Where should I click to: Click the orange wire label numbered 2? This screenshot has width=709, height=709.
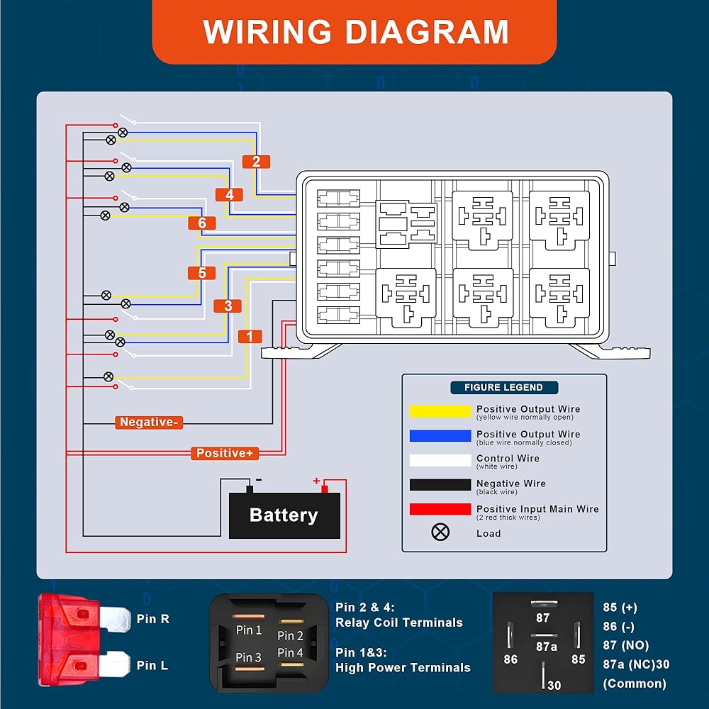pyautogui.click(x=256, y=162)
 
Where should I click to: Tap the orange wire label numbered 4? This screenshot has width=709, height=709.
pyautogui.click(x=229, y=194)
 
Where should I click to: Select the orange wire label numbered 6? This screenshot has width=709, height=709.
pyautogui.click(x=202, y=223)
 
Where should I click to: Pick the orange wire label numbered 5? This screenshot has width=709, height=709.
pyautogui.click(x=202, y=273)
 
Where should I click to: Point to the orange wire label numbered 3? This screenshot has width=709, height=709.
pyautogui.click(x=228, y=306)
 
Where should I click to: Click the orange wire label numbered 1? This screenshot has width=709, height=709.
pyautogui.click(x=249, y=337)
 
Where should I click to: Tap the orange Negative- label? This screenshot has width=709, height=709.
pyautogui.click(x=149, y=423)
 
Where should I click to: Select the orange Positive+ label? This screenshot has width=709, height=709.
pyautogui.click(x=225, y=453)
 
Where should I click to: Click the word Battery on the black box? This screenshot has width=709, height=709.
pyautogui.click(x=284, y=515)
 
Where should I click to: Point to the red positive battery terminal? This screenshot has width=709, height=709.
pyautogui.click(x=324, y=488)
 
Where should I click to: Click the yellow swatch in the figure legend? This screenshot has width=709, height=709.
pyautogui.click(x=440, y=411)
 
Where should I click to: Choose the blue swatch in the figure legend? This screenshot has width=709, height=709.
pyautogui.click(x=440, y=436)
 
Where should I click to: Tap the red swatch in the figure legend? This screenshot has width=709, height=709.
pyautogui.click(x=440, y=510)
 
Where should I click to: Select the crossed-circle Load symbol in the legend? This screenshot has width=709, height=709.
pyautogui.click(x=440, y=532)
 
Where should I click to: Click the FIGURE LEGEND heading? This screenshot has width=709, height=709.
pyautogui.click(x=503, y=388)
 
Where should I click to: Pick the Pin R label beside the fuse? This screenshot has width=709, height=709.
pyautogui.click(x=153, y=619)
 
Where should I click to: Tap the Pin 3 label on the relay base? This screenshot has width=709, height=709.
pyautogui.click(x=248, y=658)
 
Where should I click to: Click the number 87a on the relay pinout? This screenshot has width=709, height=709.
pyautogui.click(x=546, y=647)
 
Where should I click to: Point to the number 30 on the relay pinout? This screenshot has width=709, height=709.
pyautogui.click(x=554, y=685)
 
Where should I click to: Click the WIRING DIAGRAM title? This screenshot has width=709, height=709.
pyautogui.click(x=355, y=32)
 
